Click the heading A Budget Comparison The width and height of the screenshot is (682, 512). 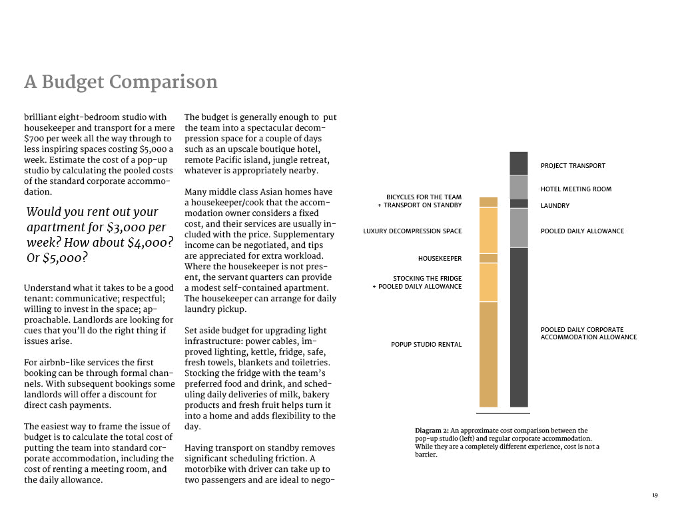pos(121,82)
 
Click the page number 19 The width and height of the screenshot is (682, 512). pos(655,495)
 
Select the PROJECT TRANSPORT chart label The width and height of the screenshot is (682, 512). pos(573,166)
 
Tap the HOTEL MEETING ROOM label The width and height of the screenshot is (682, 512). pos(575,189)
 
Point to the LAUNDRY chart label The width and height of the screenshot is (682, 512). pos(555,206)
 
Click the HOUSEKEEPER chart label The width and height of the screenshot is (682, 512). pos(440,259)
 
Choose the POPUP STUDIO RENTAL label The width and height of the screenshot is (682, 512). pos(426,345)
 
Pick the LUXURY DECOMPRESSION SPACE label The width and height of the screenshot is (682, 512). pos(412,231)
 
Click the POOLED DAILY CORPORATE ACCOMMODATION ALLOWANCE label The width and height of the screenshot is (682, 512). pos(588,333)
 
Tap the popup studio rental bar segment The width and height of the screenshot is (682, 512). pos(488,353)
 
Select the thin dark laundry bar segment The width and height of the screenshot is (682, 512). pos(519,203)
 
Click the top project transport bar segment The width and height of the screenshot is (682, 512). pos(519,163)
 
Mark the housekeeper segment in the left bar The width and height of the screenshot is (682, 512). pos(488,258)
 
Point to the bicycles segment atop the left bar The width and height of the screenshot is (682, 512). pos(488,202)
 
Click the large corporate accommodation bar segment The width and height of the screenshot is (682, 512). pos(519,327)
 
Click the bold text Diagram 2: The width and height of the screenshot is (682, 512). pos(434,431)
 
